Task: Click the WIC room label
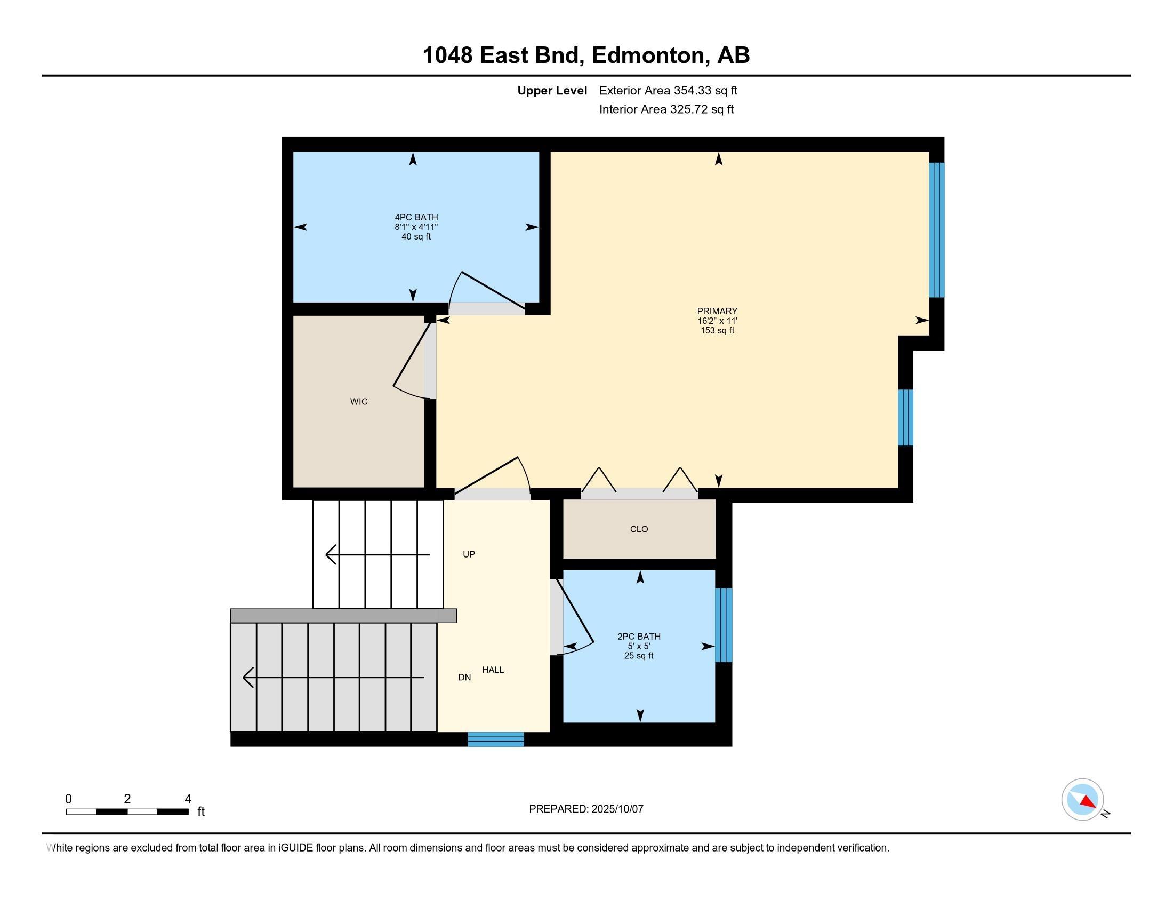click(359, 401)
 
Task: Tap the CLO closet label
click(639, 529)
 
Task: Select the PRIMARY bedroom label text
click(717, 311)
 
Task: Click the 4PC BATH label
click(416, 218)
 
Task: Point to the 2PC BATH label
click(639, 637)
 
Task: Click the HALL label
click(493, 670)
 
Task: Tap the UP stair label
click(469, 554)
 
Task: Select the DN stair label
click(464, 678)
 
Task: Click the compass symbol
click(1082, 800)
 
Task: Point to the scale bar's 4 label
click(188, 799)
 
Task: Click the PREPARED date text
click(586, 809)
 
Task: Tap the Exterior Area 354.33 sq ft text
click(668, 91)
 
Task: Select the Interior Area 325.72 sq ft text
click(666, 109)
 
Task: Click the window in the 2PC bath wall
click(724, 625)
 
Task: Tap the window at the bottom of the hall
click(496, 739)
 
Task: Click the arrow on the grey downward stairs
click(334, 678)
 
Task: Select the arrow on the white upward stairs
click(377, 554)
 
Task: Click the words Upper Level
click(552, 91)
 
